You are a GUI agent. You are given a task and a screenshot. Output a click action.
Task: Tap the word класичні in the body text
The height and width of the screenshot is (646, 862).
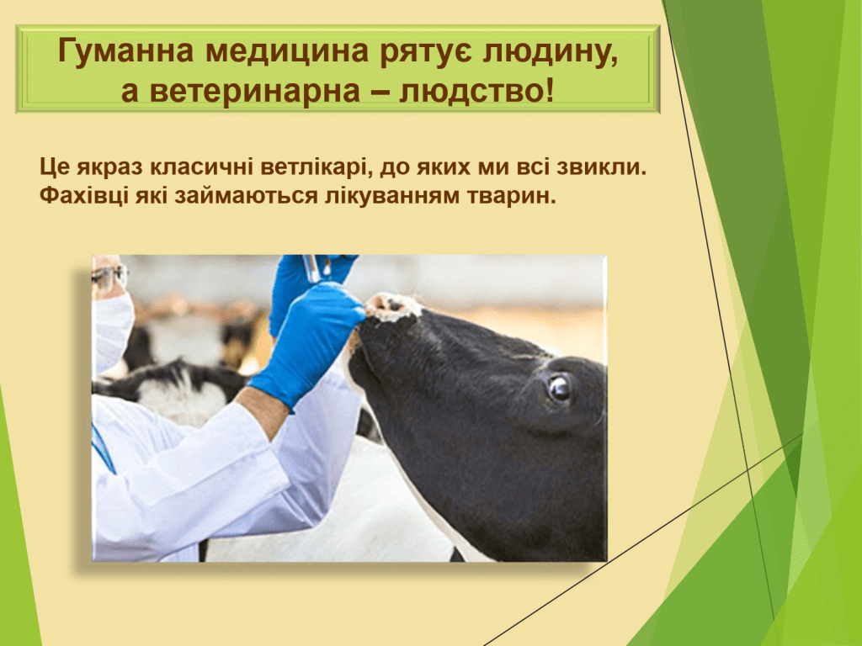click(201, 167)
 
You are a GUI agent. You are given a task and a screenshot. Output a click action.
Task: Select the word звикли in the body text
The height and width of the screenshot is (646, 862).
click(601, 167)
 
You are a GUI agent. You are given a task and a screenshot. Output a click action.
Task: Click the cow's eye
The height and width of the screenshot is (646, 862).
click(559, 387)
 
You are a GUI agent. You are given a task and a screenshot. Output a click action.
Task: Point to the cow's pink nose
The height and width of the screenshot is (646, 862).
click(392, 306)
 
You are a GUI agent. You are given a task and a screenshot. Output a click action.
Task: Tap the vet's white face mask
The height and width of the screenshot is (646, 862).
click(112, 330)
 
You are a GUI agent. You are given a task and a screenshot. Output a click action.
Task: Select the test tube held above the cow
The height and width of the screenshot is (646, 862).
click(311, 268)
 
